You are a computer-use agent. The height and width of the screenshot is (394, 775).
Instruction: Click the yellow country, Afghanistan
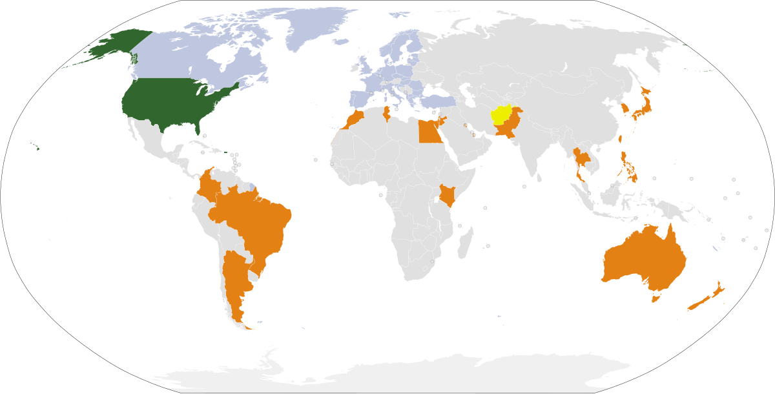[502, 114]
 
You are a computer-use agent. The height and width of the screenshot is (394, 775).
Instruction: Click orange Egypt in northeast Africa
[428, 132]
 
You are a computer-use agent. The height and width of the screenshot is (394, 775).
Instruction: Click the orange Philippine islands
[626, 165]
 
